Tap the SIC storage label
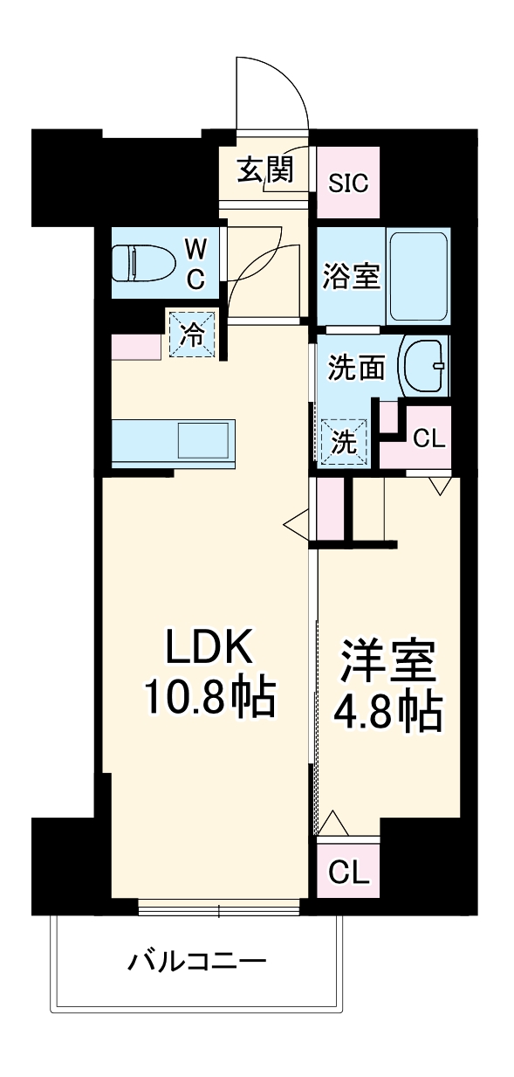pyautogui.click(x=348, y=183)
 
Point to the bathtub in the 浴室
pyautogui.click(x=418, y=275)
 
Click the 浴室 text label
pyautogui.click(x=351, y=277)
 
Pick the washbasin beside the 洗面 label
pyautogui.click(x=422, y=368)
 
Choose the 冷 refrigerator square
pyautogui.click(x=191, y=333)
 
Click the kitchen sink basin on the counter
pyautogui.click(x=204, y=438)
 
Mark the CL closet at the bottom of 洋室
pyautogui.click(x=348, y=871)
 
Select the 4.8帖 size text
pyautogui.click(x=388, y=713)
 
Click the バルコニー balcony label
pyautogui.click(x=196, y=963)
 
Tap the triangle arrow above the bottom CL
pyautogui.click(x=334, y=823)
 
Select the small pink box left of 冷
pyautogui.click(x=136, y=346)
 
